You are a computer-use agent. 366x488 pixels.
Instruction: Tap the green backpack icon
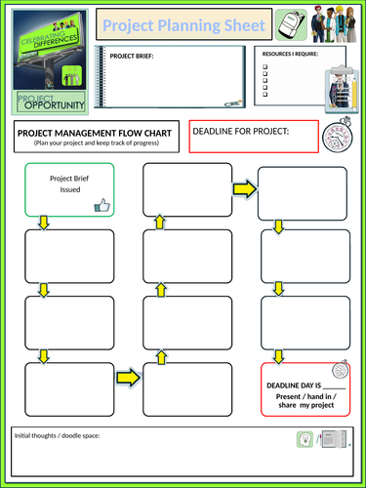point(287,22)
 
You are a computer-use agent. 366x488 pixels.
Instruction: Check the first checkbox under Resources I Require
point(265,68)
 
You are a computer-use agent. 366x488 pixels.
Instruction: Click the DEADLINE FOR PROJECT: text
point(241,132)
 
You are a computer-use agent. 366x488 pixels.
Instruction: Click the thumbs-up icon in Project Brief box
point(102,205)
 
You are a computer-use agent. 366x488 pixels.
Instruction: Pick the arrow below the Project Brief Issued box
point(43,224)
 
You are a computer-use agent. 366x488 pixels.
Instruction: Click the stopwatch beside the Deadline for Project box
point(333,133)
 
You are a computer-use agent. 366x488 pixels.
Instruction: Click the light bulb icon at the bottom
point(305,440)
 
